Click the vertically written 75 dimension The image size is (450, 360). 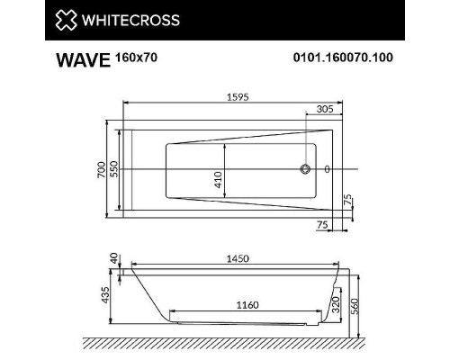point(346,200)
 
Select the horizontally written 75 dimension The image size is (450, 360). point(321,224)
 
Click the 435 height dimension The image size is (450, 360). point(104,293)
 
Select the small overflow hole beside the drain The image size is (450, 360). point(327,169)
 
